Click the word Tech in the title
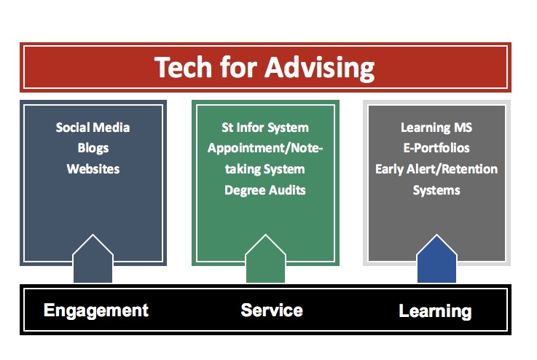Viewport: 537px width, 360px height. pyautogui.click(x=183, y=67)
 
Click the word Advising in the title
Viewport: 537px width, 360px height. pyautogui.click(x=320, y=69)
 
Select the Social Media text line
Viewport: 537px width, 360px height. pyautogui.click(x=93, y=128)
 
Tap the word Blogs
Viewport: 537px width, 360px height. pyautogui.click(x=93, y=149)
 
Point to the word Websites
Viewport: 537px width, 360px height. pyautogui.click(x=93, y=169)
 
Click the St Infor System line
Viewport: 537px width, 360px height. pyautogui.click(x=265, y=128)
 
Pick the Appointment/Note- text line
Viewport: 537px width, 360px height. pyautogui.click(x=265, y=149)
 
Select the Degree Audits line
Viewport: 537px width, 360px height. pyautogui.click(x=265, y=190)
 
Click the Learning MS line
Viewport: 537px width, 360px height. pyautogui.click(x=436, y=128)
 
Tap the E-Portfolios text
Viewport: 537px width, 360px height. pyautogui.click(x=436, y=148)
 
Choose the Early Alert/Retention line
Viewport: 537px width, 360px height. pyautogui.click(x=436, y=169)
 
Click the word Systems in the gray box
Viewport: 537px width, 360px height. pyautogui.click(x=436, y=190)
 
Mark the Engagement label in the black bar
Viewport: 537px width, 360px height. pyautogui.click(x=96, y=311)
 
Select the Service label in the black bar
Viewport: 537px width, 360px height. pyautogui.click(x=272, y=310)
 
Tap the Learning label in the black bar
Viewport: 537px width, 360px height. pyautogui.click(x=435, y=312)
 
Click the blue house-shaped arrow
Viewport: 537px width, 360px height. pyautogui.click(x=436, y=260)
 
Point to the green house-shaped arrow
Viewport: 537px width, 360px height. pyautogui.click(x=265, y=260)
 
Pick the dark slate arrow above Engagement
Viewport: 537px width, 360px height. pyautogui.click(x=93, y=260)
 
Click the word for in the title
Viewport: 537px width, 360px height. pyautogui.click(x=239, y=67)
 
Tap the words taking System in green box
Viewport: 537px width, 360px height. pyautogui.click(x=265, y=170)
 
